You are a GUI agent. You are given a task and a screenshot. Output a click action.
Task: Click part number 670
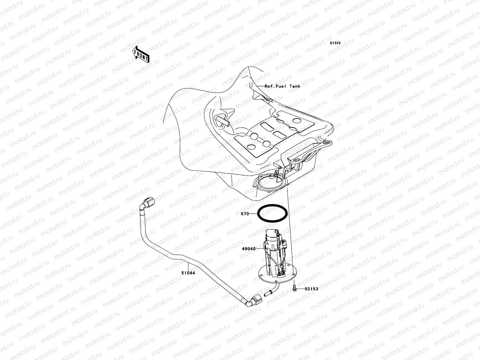(245, 214)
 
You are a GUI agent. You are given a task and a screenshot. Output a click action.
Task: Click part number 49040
(248, 249)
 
